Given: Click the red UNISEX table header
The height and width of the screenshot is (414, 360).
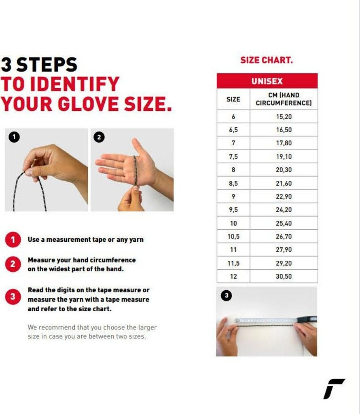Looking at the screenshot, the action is pyautogui.click(x=267, y=81).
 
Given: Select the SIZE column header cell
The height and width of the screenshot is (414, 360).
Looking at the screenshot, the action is pyautogui.click(x=233, y=99).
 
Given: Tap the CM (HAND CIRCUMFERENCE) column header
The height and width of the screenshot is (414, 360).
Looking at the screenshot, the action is pyautogui.click(x=284, y=99).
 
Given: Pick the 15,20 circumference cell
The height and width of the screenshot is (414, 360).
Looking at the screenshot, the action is pyautogui.click(x=284, y=116).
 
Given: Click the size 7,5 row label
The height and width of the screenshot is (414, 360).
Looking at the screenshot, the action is pyautogui.click(x=233, y=156).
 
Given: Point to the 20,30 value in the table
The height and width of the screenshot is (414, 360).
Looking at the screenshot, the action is pyautogui.click(x=284, y=170).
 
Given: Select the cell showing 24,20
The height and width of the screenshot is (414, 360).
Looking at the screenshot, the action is pyautogui.click(x=284, y=210).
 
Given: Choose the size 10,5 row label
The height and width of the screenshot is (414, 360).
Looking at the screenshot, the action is pyautogui.click(x=233, y=236).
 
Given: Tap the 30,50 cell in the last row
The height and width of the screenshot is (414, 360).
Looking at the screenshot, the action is pyautogui.click(x=284, y=277).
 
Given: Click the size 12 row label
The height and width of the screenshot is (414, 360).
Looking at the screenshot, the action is pyautogui.click(x=233, y=277).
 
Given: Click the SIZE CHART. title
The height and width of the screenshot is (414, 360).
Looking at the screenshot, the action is pyautogui.click(x=267, y=60).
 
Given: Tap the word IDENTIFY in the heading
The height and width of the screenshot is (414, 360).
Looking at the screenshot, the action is pyautogui.click(x=75, y=84).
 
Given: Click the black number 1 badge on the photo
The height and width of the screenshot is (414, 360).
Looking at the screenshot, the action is pyautogui.click(x=14, y=137).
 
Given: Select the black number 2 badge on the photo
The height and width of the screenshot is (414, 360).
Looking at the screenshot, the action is pyautogui.click(x=99, y=137).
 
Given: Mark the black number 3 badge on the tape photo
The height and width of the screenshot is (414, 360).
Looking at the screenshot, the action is pyautogui.click(x=227, y=296).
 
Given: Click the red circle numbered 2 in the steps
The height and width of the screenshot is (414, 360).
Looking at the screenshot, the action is pyautogui.click(x=13, y=264).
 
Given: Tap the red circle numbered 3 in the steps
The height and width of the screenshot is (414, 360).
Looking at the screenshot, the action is pyautogui.click(x=13, y=297).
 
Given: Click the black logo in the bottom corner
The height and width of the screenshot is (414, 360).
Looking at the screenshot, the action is pyautogui.click(x=334, y=389).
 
